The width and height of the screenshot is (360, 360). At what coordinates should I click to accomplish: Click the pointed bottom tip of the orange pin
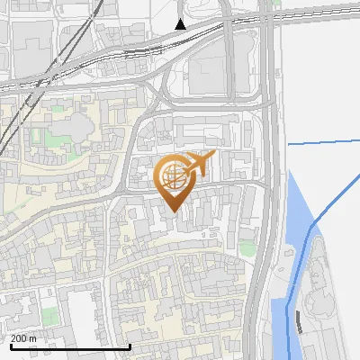(173, 211)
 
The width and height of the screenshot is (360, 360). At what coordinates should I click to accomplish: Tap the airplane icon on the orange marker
(199, 165)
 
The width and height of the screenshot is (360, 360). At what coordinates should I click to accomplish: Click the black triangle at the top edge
(181, 24)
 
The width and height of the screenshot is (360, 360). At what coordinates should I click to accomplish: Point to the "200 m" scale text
(23, 338)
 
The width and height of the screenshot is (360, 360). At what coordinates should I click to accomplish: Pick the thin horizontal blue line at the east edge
(324, 141)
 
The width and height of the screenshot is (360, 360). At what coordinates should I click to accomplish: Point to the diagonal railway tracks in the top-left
(18, 99)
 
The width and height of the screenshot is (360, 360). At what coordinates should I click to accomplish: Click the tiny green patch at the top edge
(275, 3)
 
